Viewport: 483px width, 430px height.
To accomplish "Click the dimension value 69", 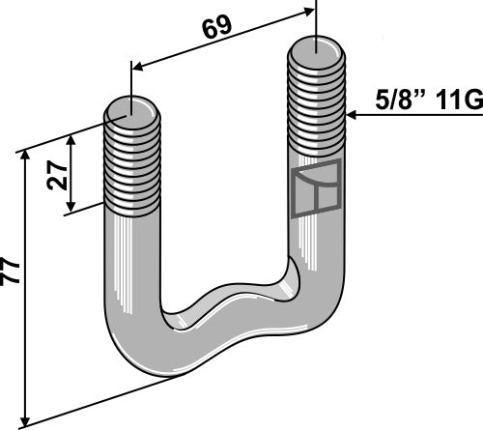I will (217, 26).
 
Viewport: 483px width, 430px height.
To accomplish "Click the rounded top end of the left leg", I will (133, 108).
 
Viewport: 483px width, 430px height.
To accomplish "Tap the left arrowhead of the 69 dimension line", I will (135, 67).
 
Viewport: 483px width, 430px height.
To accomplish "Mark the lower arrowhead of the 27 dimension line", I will (70, 214).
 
